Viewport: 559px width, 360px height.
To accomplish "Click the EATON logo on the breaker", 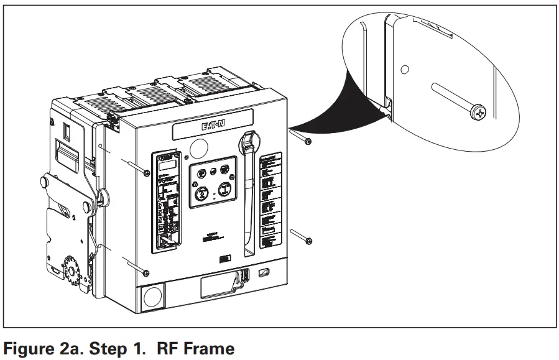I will pyautogui.click(x=213, y=127).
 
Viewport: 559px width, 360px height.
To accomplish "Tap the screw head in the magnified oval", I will pyautogui.click(x=479, y=113).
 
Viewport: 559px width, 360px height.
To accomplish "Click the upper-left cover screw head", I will pyautogui.click(x=146, y=172).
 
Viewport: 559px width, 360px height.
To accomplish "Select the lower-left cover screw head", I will pyautogui.click(x=145, y=272).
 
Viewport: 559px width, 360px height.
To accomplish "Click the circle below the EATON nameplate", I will pyautogui.click(x=199, y=149).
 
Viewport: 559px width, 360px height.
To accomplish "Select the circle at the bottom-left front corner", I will pyautogui.click(x=152, y=298).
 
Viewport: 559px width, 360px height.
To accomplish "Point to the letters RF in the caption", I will pyautogui.click(x=168, y=349).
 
